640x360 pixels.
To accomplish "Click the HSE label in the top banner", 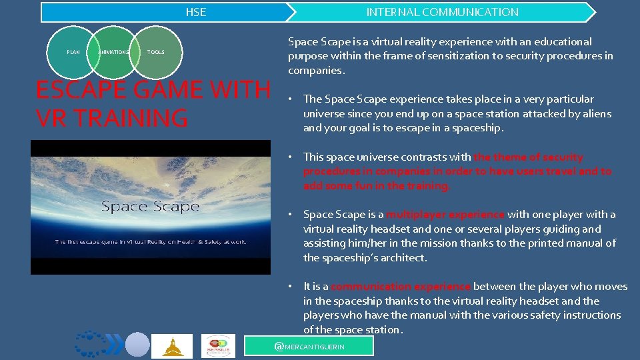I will [195, 12].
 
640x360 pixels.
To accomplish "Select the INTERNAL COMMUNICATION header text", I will [442, 12].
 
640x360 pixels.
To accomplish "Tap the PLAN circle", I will [73, 52].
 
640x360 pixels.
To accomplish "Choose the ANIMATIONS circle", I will [114, 52].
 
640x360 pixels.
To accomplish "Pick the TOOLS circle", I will [155, 52].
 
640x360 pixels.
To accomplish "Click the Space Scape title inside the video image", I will [150, 207].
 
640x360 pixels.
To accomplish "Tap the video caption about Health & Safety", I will [150, 242].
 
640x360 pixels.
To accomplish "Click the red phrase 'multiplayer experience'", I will [445, 215].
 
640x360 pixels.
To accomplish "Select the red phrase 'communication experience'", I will [401, 287].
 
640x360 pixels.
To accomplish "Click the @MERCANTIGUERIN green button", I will [309, 347].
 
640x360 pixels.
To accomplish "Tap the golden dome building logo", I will [172, 345].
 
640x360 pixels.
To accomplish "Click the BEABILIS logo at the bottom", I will [218, 345].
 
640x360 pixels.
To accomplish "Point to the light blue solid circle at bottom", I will [137, 345].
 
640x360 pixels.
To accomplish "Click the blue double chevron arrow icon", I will [114, 345].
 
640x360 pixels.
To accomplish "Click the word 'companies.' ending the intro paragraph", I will [317, 71].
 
